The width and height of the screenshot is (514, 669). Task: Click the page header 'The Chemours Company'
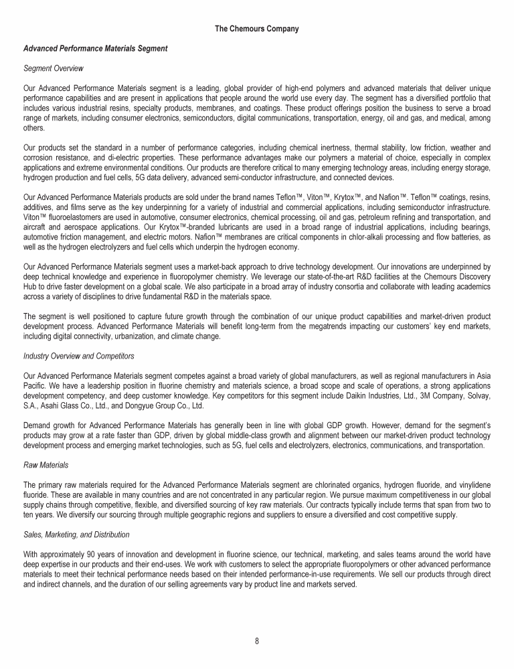point(257,29)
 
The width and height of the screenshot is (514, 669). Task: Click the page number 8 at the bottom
point(257,641)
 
